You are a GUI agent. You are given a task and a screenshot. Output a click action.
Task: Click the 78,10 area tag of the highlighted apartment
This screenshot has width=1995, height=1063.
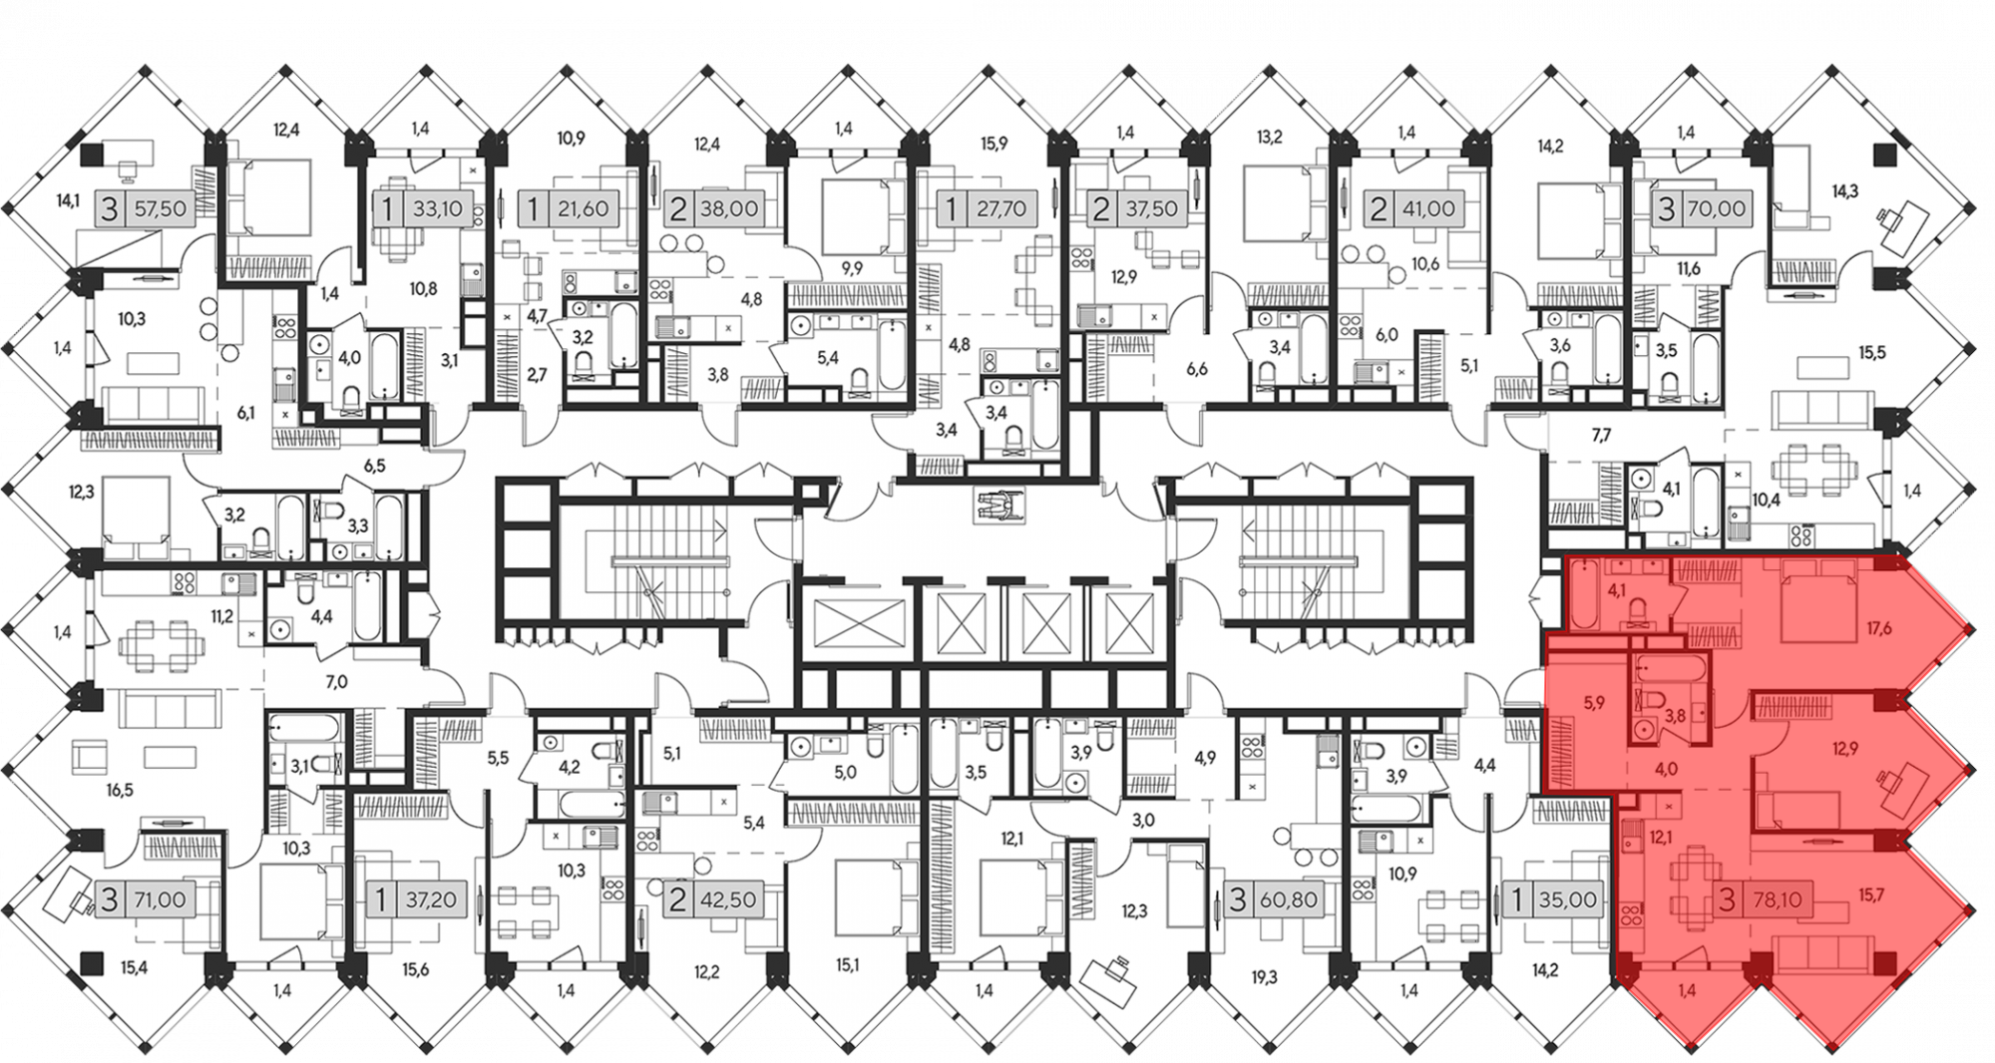(1762, 900)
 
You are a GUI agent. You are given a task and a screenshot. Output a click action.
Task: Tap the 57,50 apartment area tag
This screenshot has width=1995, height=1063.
(141, 209)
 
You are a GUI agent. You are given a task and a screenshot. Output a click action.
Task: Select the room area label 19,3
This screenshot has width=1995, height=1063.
(1264, 978)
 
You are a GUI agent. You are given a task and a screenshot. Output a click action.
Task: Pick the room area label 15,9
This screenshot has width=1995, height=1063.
(994, 144)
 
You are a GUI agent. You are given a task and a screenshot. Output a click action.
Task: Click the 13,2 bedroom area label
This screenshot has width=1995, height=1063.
(1269, 137)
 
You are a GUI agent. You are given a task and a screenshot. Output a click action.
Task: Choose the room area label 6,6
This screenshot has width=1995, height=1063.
(1196, 369)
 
